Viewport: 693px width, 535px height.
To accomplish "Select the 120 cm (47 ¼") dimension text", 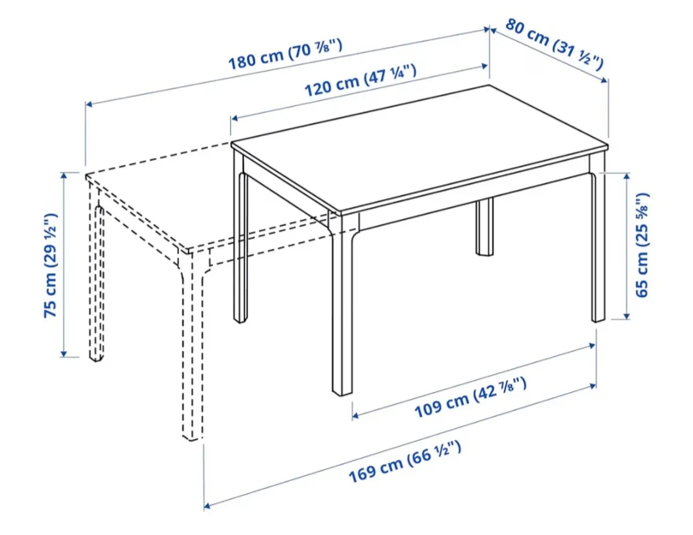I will [360, 81].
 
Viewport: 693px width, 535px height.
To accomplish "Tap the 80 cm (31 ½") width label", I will [554, 43].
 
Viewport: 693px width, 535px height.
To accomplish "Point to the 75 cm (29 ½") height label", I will [51, 265].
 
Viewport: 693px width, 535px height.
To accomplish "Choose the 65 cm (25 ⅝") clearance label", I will [642, 245].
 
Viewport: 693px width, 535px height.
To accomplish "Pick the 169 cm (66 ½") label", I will [404, 462].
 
